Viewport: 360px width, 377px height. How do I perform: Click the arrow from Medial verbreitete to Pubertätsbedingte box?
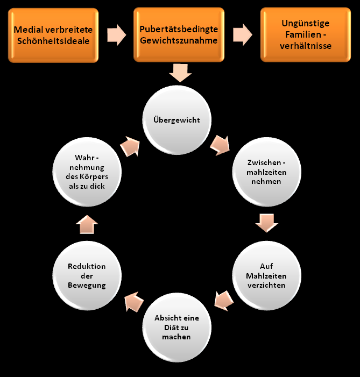pyautogui.click(x=115, y=35)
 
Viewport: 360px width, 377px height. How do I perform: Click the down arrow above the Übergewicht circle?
pyautogui.click(x=180, y=72)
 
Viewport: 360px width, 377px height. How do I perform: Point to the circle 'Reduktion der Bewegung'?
pyautogui.click(x=87, y=275)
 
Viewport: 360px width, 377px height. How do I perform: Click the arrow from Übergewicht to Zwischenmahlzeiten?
pyautogui.click(x=220, y=144)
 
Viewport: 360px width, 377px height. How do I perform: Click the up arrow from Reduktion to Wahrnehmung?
pyautogui.click(x=88, y=224)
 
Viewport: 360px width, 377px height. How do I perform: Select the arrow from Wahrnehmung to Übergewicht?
pyautogui.click(x=131, y=145)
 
